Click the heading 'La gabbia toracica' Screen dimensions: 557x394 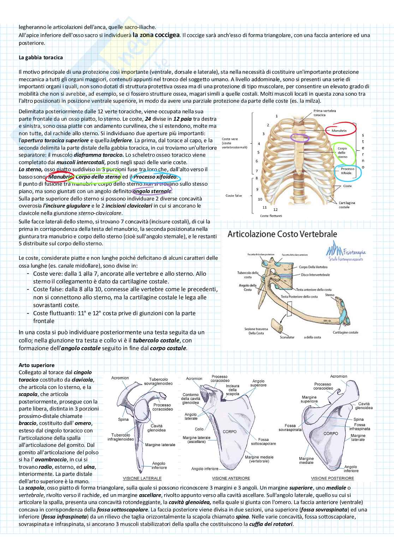[x=41, y=57]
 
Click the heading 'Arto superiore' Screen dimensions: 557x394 [x=36, y=365]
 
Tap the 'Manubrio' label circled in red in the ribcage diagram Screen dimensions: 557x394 [x=339, y=130]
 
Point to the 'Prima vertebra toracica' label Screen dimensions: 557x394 [x=324, y=113]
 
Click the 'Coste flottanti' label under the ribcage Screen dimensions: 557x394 [x=271, y=216]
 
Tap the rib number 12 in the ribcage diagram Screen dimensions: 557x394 [x=275, y=209]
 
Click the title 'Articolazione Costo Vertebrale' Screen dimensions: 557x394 [x=282, y=234]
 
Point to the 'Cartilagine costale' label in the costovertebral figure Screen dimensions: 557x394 [x=345, y=332]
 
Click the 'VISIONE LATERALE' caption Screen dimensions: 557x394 [x=142, y=478]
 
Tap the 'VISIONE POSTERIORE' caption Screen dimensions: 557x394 [x=332, y=478]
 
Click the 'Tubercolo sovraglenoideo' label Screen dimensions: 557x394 [x=158, y=381]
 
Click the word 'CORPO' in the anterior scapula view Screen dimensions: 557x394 [x=229, y=431]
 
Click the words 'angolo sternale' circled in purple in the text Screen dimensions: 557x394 [x=152, y=191]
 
